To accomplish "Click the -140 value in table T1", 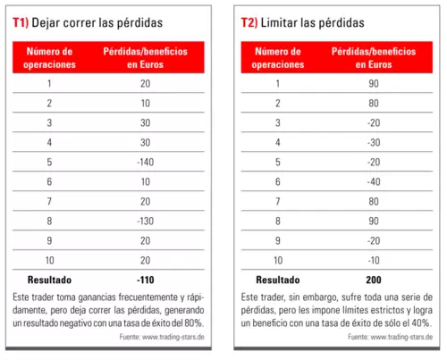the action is tap(146, 162).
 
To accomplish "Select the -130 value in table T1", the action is tap(146, 221).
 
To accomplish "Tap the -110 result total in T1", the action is tap(146, 280).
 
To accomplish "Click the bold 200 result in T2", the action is tap(374, 280).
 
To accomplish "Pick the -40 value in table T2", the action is tap(374, 181).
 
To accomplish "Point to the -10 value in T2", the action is tap(374, 260).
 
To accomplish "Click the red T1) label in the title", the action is tap(21, 22).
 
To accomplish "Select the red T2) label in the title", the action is tap(249, 22).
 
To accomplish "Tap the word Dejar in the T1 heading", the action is tap(46, 23).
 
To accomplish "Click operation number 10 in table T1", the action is tap(49, 260).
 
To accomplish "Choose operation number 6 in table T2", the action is tap(278, 181).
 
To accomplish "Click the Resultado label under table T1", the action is tap(49, 280).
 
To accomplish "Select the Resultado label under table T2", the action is tap(278, 280).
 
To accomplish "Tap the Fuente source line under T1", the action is tap(162, 337).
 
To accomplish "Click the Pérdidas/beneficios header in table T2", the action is tap(374, 52).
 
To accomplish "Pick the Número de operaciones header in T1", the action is tap(49, 58).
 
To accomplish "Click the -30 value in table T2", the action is tap(374, 142).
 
